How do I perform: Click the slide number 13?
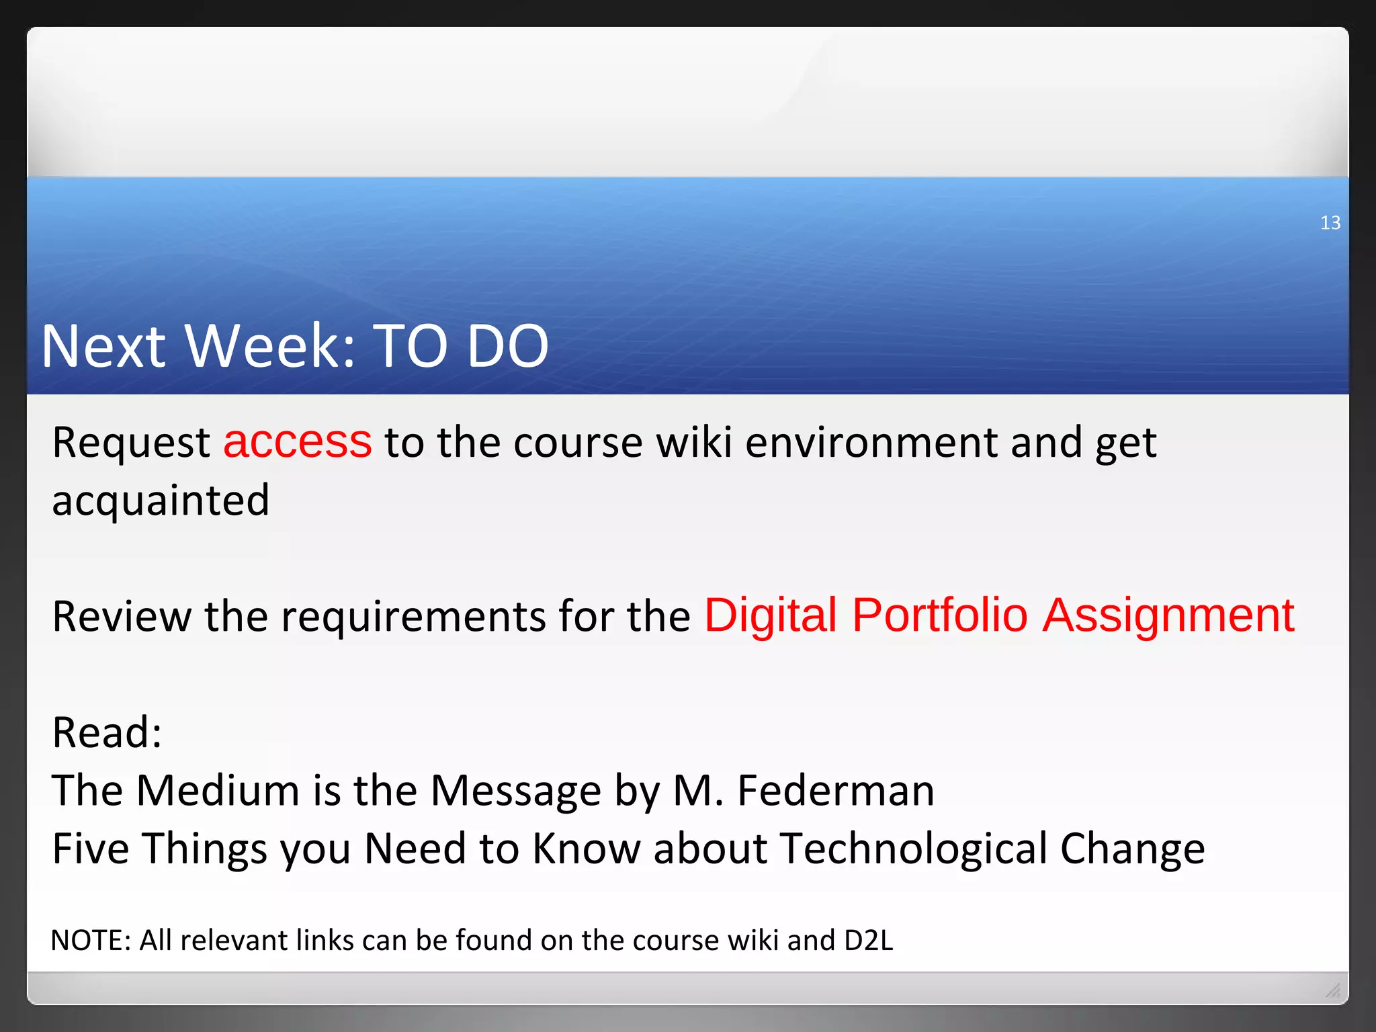click(x=1330, y=222)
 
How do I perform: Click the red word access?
click(x=297, y=442)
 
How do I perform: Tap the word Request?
click(x=131, y=443)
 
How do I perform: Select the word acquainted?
click(x=161, y=501)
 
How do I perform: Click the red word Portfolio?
click(x=939, y=615)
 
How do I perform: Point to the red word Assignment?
click(x=1168, y=615)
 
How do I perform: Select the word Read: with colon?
click(x=107, y=732)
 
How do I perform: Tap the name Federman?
click(x=835, y=790)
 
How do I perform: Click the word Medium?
click(x=218, y=790)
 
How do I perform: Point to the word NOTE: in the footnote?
click(x=90, y=941)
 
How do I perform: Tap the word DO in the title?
click(x=507, y=346)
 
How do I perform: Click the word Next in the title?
click(x=103, y=346)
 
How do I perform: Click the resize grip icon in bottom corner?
click(x=1333, y=990)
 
